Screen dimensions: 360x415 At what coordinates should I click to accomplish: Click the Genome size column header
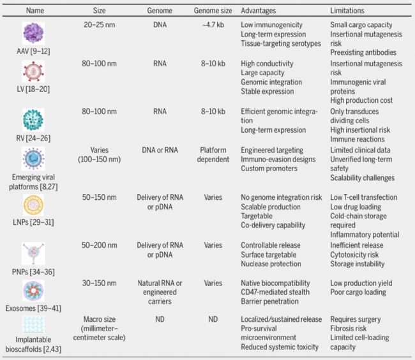pos(213,11)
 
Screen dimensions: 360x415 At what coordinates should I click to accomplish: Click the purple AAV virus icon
pos(33,33)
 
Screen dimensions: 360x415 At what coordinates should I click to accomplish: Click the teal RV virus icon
pos(33,119)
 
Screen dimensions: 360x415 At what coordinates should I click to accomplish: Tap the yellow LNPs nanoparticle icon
pos(33,206)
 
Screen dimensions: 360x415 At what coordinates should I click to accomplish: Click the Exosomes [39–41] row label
pos(33,307)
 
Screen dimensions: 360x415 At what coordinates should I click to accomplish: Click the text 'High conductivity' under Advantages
pos(267,64)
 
